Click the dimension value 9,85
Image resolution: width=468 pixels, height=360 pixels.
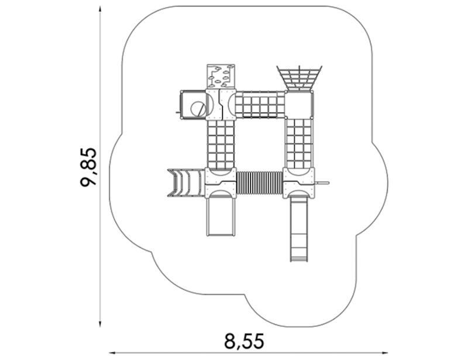[x=89, y=167]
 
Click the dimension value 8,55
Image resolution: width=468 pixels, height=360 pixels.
[x=244, y=341]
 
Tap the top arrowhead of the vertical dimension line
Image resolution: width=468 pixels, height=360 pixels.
[x=100, y=9]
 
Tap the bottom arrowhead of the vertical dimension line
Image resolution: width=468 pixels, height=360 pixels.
[x=100, y=324]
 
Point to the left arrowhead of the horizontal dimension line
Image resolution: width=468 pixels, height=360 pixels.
[x=112, y=353]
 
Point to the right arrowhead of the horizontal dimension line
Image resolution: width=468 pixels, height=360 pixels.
[x=384, y=353]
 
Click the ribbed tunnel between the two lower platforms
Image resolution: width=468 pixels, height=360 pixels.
[x=259, y=183]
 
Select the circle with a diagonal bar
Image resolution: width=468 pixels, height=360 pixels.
[x=198, y=109]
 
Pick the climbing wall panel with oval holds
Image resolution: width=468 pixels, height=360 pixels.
[x=221, y=76]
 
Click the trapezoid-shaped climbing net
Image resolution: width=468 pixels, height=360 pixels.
[x=300, y=78]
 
